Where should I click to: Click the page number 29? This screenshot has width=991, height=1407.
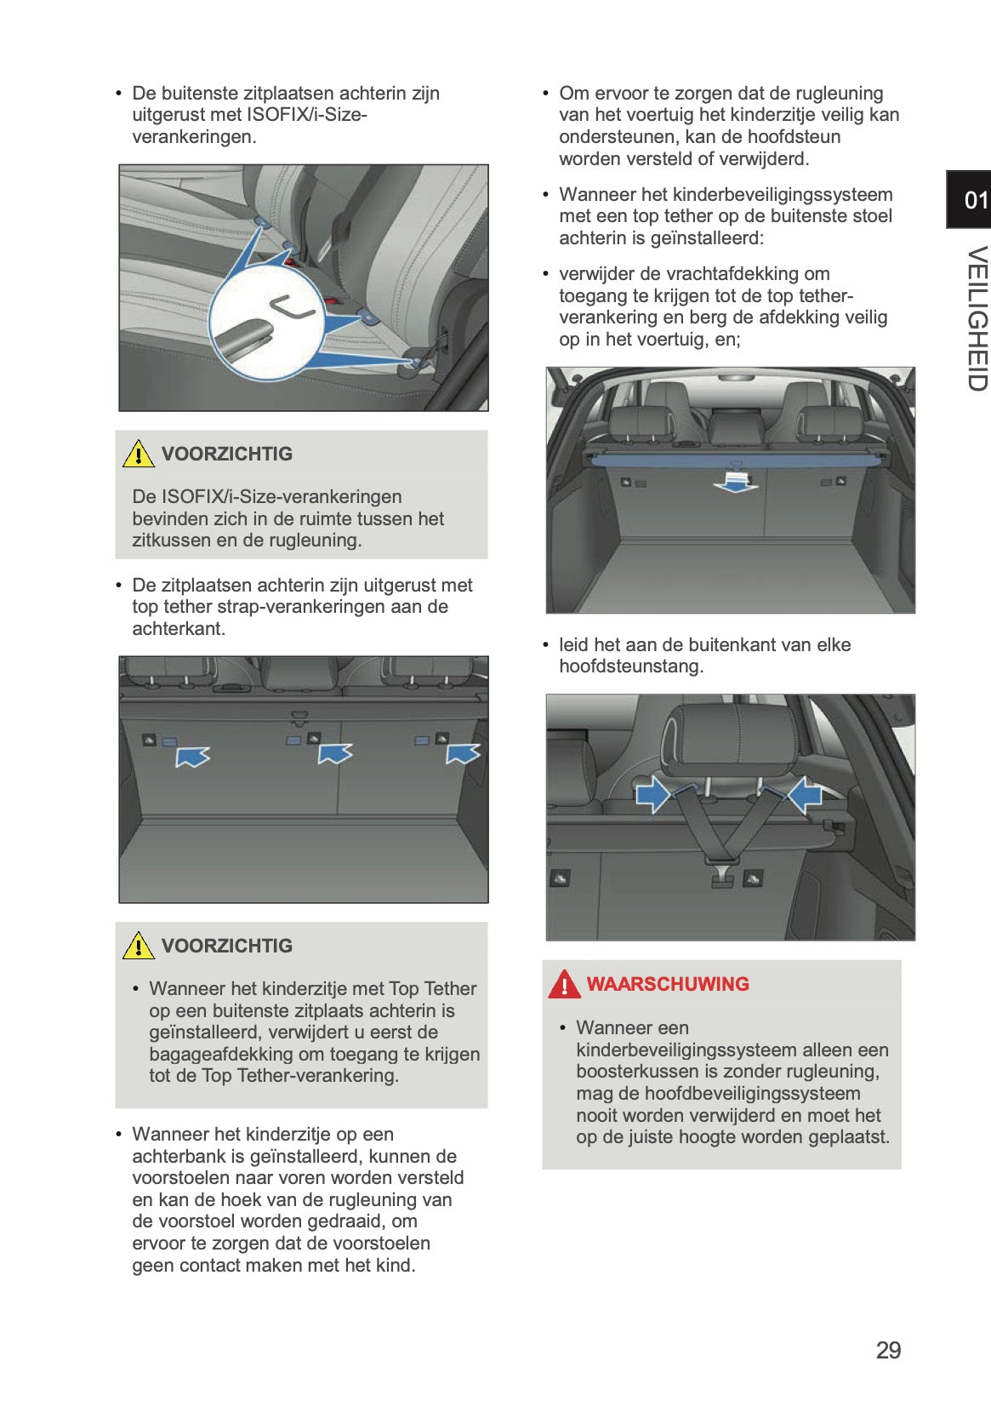(888, 1350)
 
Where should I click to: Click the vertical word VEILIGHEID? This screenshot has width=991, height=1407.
(977, 318)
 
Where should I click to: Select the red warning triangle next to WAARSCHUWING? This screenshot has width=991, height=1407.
(564, 984)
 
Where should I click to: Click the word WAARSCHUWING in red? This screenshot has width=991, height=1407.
(668, 984)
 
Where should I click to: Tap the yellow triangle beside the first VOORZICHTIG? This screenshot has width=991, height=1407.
(139, 454)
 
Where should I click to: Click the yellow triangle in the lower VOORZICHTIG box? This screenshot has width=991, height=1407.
(139, 946)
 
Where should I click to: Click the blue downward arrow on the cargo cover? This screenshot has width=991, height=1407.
(734, 483)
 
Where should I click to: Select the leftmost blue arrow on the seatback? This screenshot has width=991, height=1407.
(193, 756)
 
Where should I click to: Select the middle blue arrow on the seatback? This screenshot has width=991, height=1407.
(335, 753)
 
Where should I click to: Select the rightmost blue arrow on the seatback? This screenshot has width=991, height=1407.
(464, 753)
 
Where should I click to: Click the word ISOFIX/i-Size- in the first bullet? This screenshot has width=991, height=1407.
(306, 115)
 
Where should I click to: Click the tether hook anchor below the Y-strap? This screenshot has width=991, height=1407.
(722, 877)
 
